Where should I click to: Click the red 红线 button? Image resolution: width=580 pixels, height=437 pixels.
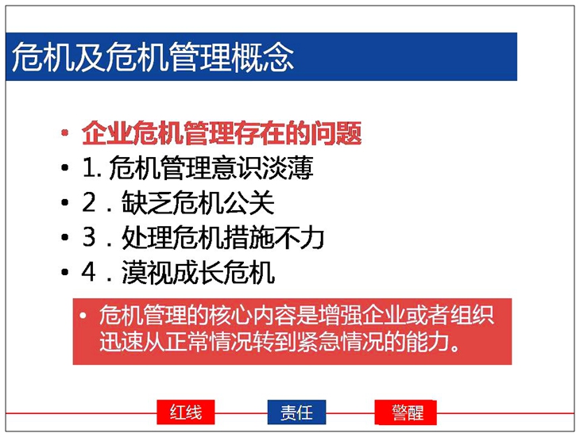click(186, 412)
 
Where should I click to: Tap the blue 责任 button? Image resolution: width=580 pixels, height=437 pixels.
click(296, 412)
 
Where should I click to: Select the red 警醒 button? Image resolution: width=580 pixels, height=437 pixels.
click(405, 412)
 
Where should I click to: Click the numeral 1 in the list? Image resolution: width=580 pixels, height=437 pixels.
click(90, 168)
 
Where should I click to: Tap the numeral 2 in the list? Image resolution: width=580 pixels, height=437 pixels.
click(89, 202)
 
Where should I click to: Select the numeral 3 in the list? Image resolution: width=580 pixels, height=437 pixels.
click(89, 237)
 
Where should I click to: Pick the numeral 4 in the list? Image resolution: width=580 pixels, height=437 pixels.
click(89, 272)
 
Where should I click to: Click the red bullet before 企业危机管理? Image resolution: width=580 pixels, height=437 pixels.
click(65, 133)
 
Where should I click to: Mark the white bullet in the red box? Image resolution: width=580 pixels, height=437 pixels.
click(83, 316)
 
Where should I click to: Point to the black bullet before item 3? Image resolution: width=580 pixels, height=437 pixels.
click(65, 237)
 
